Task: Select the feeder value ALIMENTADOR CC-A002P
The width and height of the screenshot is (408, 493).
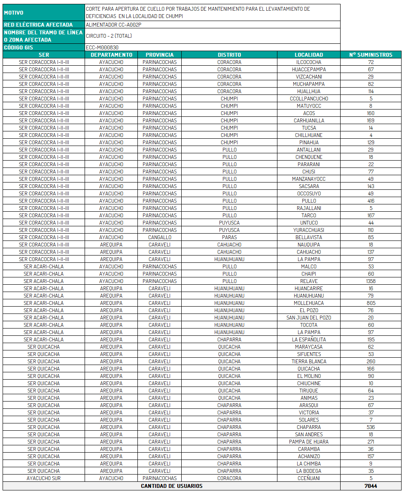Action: pyautogui.click(x=113, y=24)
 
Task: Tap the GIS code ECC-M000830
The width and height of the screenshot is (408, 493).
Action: pyautogui.click(x=102, y=47)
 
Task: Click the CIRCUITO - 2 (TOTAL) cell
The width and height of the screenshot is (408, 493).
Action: pyautogui.click(x=109, y=36)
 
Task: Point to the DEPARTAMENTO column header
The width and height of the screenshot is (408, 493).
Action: pyautogui.click(x=112, y=55)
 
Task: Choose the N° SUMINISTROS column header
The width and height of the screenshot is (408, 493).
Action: pyautogui.click(x=371, y=55)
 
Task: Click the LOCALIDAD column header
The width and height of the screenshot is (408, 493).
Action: pyautogui.click(x=308, y=55)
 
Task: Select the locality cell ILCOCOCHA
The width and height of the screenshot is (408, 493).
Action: pyautogui.click(x=308, y=62)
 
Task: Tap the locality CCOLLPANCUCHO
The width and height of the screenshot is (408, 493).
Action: pyautogui.click(x=308, y=99)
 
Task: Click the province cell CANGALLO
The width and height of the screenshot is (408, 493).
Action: pyautogui.click(x=159, y=237)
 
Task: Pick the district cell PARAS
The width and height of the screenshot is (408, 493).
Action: pyautogui.click(x=229, y=237)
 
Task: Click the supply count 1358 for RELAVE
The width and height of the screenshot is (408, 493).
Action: pyautogui.click(x=371, y=281)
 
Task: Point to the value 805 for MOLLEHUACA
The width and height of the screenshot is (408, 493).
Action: pyautogui.click(x=371, y=303)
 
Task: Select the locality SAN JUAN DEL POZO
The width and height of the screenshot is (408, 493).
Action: pyautogui.click(x=308, y=318)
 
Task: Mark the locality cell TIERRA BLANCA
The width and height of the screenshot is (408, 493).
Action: pyautogui.click(x=308, y=362)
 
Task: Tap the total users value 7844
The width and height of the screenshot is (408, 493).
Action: pyautogui.click(x=371, y=486)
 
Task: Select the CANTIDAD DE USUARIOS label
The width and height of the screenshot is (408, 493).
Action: pyautogui.click(x=172, y=486)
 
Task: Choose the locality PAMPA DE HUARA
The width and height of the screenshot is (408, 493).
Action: pyautogui.click(x=308, y=442)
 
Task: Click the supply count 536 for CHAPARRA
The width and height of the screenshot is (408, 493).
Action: pyautogui.click(x=371, y=427)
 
